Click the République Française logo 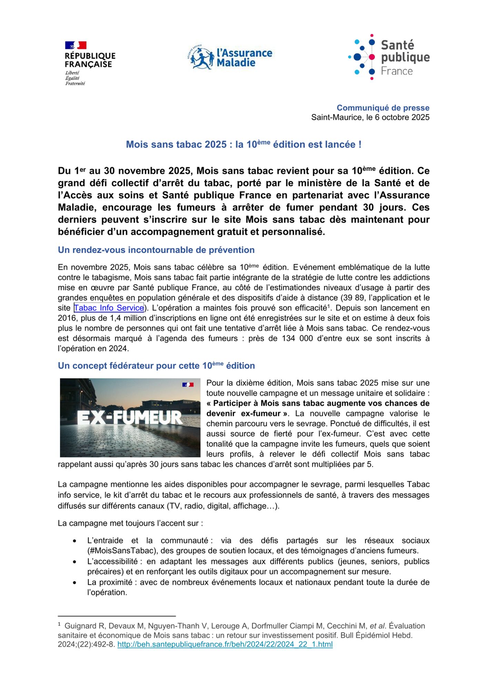point(90,63)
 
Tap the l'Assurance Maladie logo point(232,57)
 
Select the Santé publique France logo point(389,57)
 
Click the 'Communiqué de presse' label point(383,108)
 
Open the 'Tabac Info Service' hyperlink point(109,308)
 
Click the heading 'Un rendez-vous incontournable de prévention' point(156,250)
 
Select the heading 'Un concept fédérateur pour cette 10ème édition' point(156,366)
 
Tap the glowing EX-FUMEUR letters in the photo point(130,418)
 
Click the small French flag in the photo point(188,384)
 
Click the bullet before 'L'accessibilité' point(75,562)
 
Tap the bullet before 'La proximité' point(75,583)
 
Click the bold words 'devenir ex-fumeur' point(243,414)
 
